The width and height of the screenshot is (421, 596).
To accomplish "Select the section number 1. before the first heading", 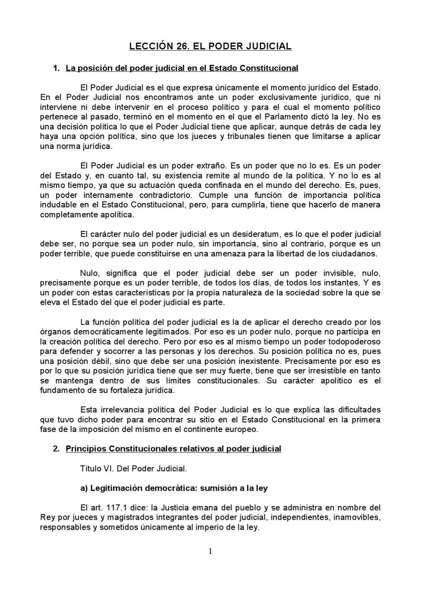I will pos(56,68).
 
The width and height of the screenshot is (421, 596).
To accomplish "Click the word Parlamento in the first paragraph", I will pos(301,117).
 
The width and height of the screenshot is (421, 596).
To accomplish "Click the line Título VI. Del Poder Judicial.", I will pos(133,468).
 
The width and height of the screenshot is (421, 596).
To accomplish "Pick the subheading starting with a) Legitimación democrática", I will pos(174,488).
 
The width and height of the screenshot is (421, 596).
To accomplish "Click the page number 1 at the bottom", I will pos(210,551).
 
